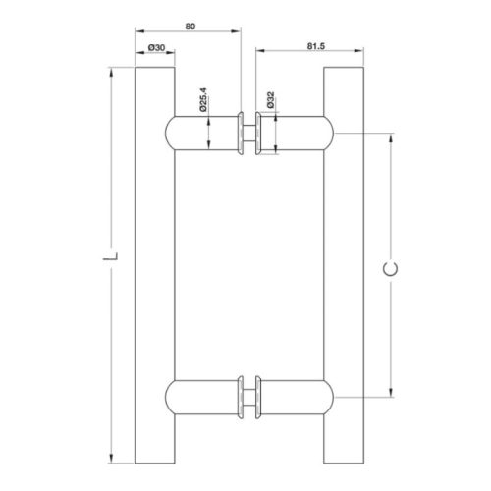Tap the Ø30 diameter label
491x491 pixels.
(156, 46)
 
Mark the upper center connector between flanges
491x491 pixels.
(249, 134)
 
